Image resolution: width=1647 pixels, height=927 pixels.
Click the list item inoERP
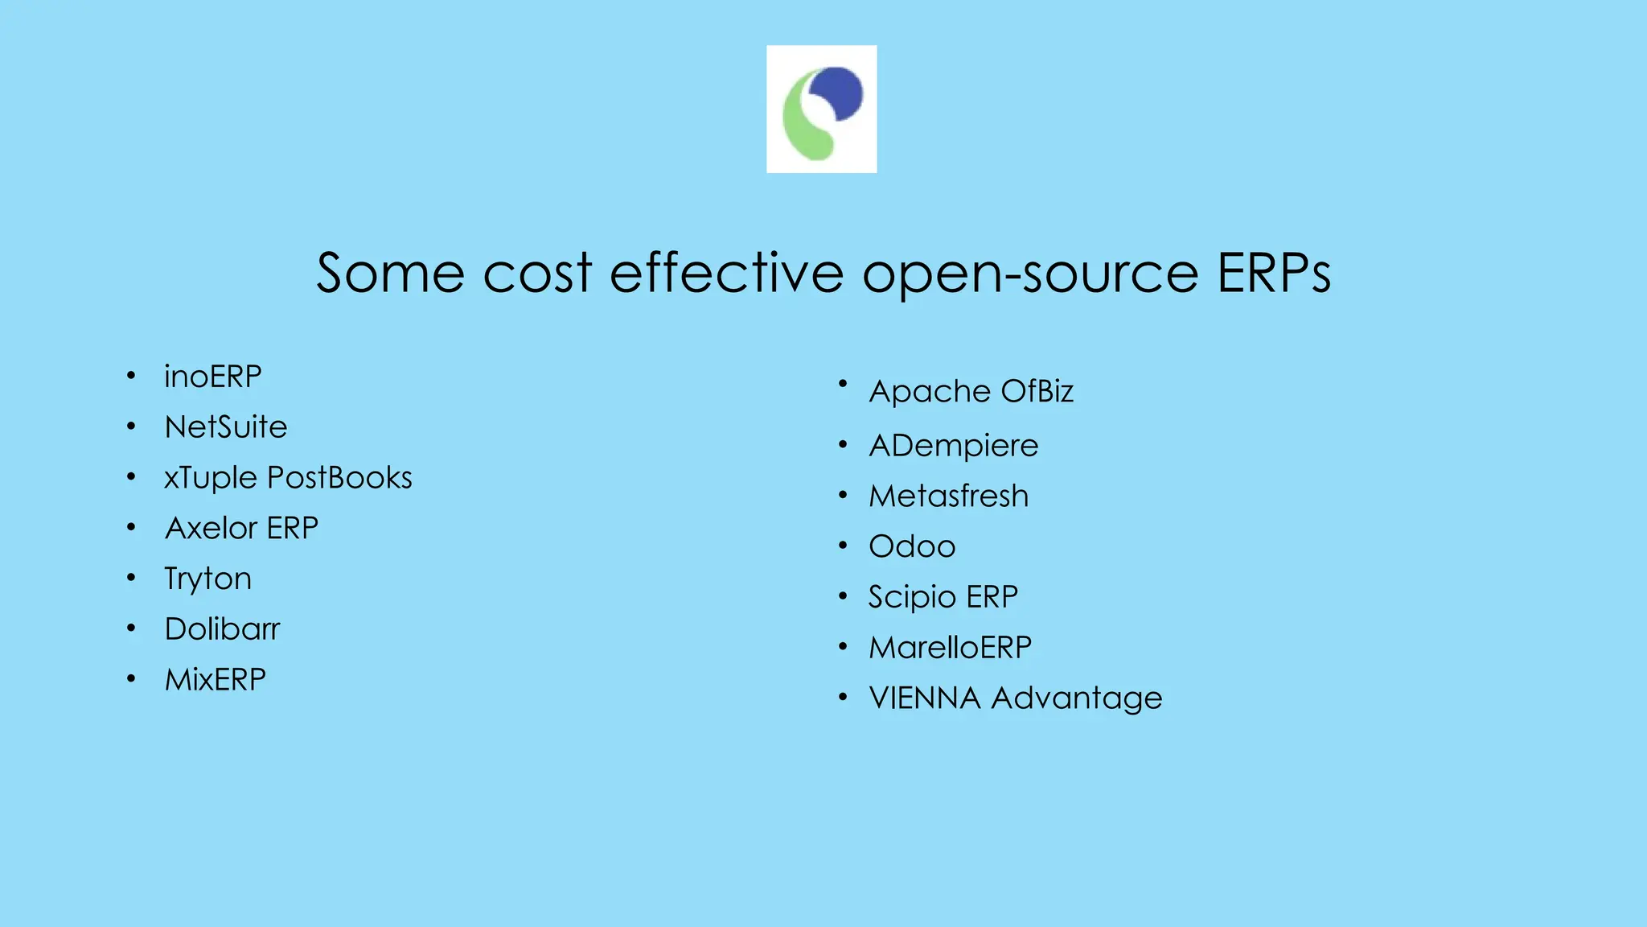(213, 377)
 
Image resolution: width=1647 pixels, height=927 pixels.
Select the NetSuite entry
(226, 427)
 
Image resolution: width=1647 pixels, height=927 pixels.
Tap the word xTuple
(211, 478)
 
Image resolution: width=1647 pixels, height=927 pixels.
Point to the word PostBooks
(339, 478)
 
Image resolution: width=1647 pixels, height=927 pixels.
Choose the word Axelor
(212, 529)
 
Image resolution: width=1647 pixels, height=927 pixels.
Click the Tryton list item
(208, 579)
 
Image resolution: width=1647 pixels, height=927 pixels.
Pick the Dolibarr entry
(223, 629)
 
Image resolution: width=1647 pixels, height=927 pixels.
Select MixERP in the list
(216, 680)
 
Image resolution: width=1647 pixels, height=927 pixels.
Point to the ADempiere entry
(954, 446)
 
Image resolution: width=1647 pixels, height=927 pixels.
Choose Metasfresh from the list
(949, 496)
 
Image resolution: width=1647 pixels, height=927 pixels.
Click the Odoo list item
(913, 547)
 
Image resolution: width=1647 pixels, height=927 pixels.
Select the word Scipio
(912, 598)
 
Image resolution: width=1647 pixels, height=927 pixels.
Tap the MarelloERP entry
(951, 648)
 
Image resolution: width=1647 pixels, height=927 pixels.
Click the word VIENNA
(925, 698)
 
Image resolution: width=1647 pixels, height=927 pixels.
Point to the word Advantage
(1077, 698)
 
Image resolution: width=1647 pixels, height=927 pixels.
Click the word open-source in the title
(1030, 274)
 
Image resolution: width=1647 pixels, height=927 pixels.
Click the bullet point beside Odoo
(843, 546)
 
